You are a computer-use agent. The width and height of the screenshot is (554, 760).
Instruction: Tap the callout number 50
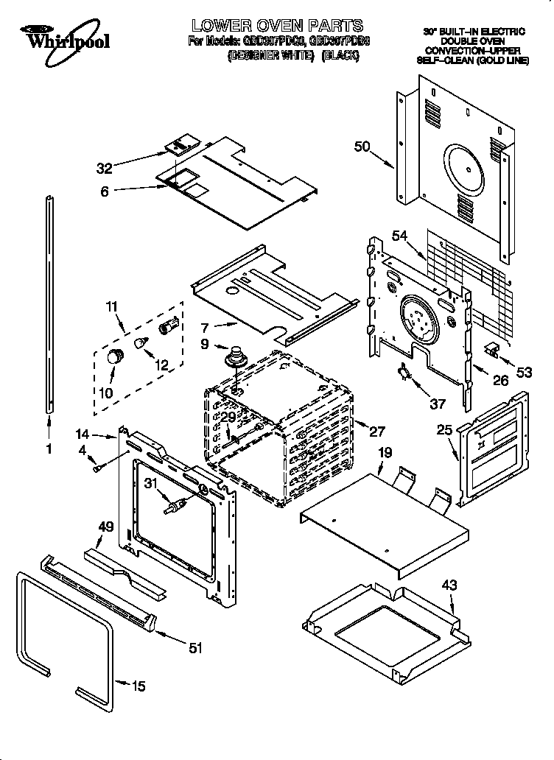362,147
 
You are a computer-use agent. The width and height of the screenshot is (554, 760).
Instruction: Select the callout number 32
105,167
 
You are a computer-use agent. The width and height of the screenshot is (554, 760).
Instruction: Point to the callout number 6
104,191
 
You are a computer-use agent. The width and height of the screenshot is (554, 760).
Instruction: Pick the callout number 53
524,373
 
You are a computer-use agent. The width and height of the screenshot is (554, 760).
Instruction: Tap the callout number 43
449,585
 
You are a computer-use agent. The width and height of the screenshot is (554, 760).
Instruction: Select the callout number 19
385,454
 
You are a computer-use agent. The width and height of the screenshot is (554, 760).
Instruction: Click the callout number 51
194,648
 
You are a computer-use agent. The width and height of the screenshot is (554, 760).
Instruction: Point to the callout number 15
138,687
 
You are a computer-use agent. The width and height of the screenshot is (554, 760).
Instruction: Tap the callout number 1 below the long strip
49,447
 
